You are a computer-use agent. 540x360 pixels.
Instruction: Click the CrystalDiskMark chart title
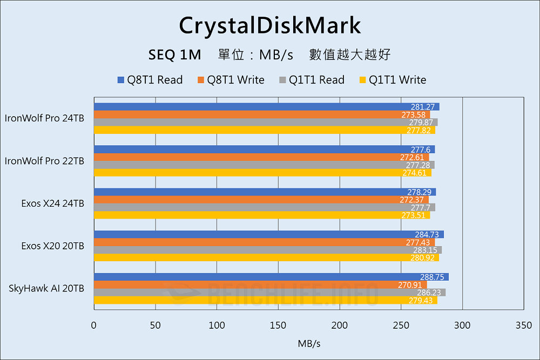[269, 25]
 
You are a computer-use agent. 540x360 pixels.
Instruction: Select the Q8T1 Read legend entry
[150, 80]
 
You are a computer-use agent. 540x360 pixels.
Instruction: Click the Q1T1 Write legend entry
[392, 80]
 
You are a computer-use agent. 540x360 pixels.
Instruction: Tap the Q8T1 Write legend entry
[231, 80]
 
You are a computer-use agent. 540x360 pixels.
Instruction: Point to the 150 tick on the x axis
[278, 325]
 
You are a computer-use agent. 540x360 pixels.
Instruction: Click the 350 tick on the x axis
[524, 325]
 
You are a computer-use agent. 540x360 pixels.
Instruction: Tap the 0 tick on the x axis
[94, 325]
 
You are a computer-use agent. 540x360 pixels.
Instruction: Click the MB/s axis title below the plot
[308, 343]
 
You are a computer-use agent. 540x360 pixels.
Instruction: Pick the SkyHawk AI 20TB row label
[46, 289]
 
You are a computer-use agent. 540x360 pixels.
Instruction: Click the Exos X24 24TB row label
[53, 203]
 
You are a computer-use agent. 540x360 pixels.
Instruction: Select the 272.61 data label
[411, 157]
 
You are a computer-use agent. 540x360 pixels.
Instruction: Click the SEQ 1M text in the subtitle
[174, 55]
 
